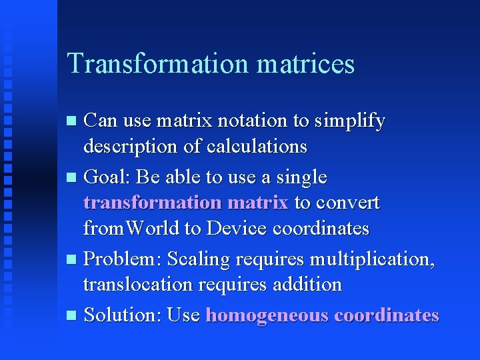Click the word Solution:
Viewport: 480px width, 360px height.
click(x=123, y=315)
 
